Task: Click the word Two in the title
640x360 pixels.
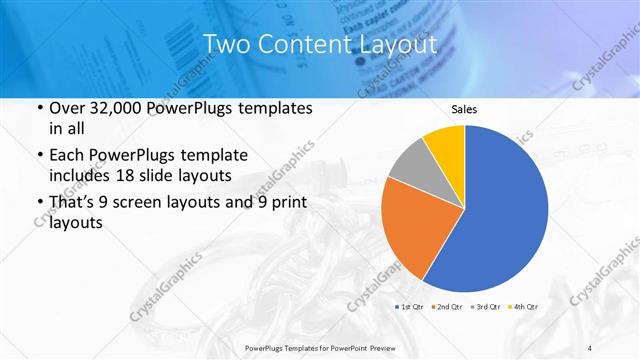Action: click(226, 44)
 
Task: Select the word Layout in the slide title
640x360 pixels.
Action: click(394, 44)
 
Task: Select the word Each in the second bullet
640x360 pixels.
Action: click(68, 156)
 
